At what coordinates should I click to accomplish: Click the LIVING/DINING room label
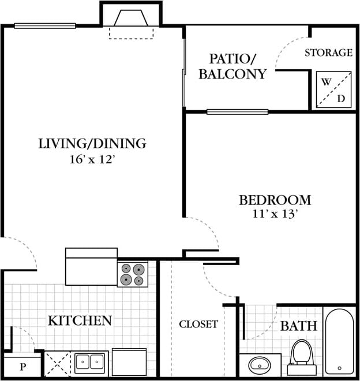(92, 143)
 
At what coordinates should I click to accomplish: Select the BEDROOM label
(275, 200)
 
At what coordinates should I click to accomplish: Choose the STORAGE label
(328, 53)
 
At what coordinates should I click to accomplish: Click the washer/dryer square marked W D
(333, 89)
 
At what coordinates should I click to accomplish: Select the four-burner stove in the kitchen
(133, 274)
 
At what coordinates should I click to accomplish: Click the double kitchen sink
(90, 363)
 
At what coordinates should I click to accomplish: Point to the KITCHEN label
(80, 320)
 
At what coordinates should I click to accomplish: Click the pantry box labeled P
(22, 366)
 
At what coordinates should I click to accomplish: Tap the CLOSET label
(198, 324)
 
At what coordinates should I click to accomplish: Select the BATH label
(298, 326)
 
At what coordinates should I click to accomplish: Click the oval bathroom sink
(260, 365)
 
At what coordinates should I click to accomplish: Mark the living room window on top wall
(45, 25)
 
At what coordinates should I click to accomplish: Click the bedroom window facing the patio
(237, 111)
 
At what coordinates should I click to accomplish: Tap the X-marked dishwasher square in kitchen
(58, 363)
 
